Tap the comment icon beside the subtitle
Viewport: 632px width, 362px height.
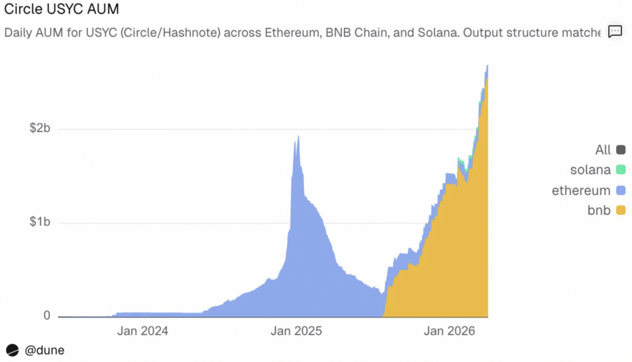click(x=615, y=32)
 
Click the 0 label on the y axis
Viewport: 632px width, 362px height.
click(x=46, y=316)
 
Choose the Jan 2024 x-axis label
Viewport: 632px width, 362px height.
click(x=142, y=331)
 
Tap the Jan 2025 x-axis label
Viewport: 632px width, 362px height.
click(x=296, y=331)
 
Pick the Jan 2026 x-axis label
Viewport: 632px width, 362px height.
click(x=450, y=331)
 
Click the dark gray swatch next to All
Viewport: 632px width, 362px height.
click(x=620, y=150)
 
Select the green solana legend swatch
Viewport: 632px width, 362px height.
click(x=620, y=170)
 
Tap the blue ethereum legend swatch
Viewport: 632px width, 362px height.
click(x=620, y=191)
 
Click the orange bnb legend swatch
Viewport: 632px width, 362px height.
click(x=620, y=211)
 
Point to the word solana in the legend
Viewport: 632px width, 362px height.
click(x=590, y=170)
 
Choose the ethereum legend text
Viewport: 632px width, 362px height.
click(x=581, y=191)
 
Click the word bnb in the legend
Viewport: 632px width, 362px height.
click(x=599, y=211)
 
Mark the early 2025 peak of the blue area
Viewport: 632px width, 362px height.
click(x=298, y=136)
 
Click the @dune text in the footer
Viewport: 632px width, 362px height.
click(x=45, y=349)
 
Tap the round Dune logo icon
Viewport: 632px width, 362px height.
click(x=13, y=349)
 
